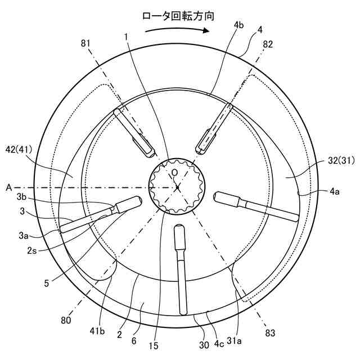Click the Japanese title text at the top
point(178,16)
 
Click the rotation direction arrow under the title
point(177,30)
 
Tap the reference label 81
point(85,43)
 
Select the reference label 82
point(268,44)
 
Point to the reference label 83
point(270,333)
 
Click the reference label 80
point(66,320)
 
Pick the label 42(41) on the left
point(19,150)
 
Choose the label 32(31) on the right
point(341,160)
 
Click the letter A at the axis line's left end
point(9,188)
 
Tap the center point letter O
point(175,173)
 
